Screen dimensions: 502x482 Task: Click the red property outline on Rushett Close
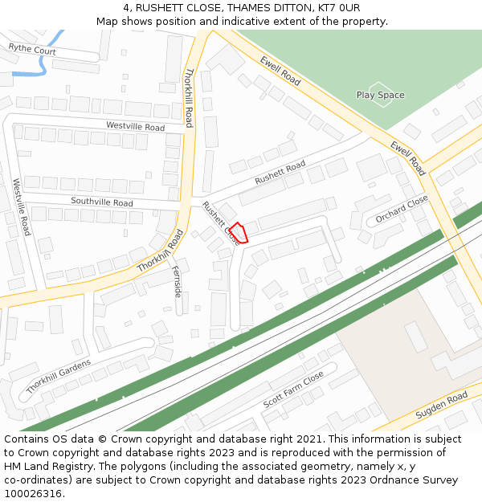click(239, 232)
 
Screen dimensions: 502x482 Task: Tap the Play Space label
click(380, 96)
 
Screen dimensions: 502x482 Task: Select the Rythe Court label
click(32, 50)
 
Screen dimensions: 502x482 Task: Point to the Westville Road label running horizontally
click(135, 126)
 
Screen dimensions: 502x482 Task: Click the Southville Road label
click(102, 202)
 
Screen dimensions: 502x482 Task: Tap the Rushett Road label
click(280, 173)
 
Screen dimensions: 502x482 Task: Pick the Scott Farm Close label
click(293, 389)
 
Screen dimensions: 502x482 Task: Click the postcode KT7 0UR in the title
click(339, 8)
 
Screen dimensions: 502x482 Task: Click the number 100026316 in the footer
click(34, 493)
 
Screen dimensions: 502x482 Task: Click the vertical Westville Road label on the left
click(22, 206)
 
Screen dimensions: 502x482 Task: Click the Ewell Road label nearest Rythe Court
click(280, 71)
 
